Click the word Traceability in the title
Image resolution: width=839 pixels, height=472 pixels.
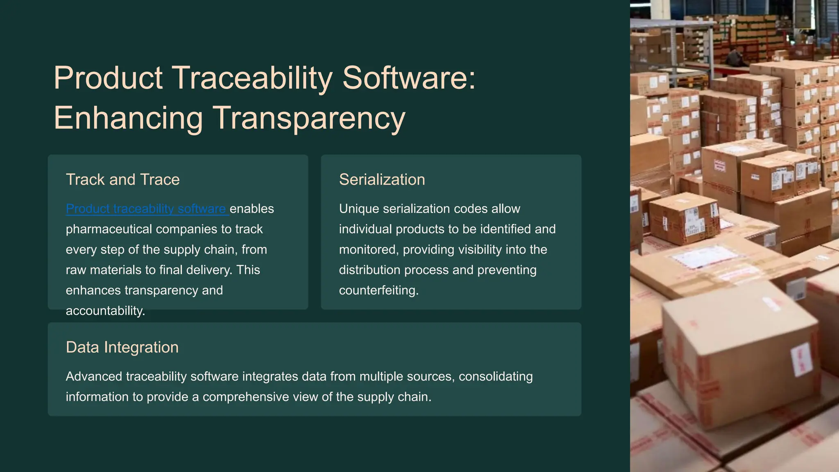point(252,78)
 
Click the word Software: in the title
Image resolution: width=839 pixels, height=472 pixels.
point(409,78)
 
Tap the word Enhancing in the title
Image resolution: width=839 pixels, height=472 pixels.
point(128,118)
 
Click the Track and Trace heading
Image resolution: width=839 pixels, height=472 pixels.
point(122,179)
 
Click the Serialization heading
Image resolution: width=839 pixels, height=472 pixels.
point(382,179)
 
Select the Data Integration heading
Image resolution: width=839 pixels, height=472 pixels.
point(122,347)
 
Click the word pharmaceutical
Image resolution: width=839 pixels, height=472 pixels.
point(109,229)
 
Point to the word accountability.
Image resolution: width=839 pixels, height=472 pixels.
point(105,311)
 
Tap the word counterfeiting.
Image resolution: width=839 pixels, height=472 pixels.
point(378,290)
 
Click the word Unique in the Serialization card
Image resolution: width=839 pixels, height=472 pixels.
point(359,209)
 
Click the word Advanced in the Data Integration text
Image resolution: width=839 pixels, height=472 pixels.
point(94,376)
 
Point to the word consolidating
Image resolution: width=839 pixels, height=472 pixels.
point(495,376)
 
